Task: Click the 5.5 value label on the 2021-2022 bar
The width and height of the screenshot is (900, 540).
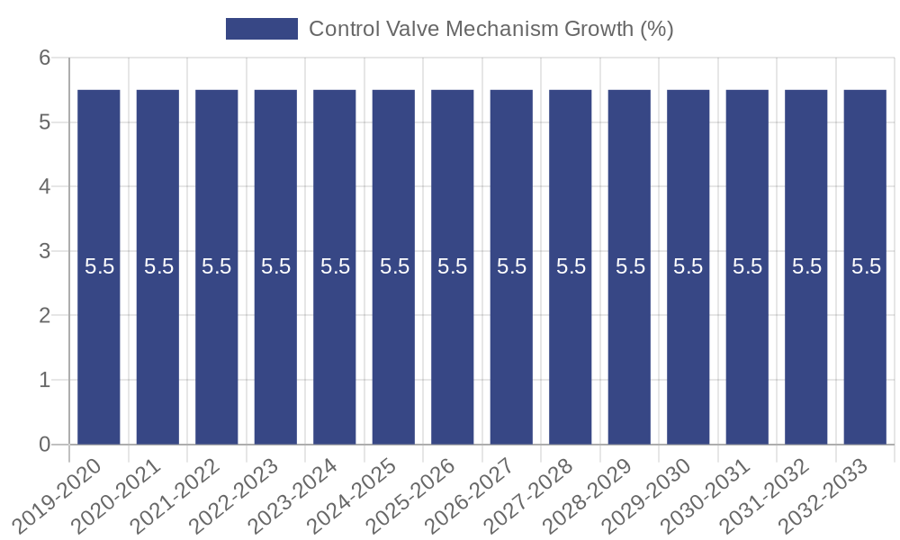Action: point(217,266)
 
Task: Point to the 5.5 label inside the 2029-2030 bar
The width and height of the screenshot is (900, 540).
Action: point(688,266)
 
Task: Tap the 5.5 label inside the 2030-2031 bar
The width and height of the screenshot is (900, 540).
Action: point(747,266)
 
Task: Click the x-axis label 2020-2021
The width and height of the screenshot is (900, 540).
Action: point(116,495)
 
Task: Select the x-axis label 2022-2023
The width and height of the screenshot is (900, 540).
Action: point(234,495)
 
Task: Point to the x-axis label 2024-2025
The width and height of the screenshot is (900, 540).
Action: point(352,495)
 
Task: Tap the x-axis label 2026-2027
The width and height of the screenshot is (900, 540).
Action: point(470,495)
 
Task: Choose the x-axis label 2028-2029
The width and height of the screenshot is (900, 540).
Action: point(588,495)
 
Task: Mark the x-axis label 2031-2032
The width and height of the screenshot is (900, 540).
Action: point(764,495)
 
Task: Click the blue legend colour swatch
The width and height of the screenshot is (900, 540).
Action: point(261,29)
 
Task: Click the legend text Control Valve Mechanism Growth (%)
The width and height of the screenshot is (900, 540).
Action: point(490,29)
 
